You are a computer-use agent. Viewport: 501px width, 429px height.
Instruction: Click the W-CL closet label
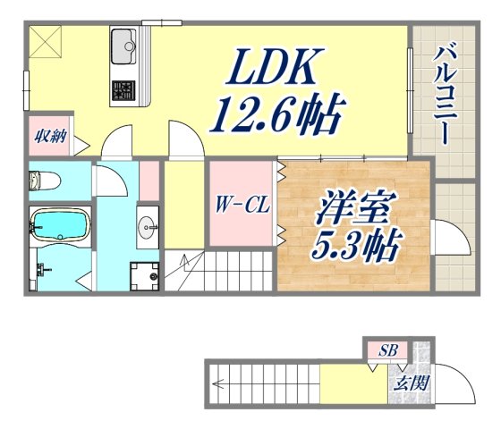click(x=240, y=205)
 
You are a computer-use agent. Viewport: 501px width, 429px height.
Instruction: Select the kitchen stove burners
click(x=123, y=90)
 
